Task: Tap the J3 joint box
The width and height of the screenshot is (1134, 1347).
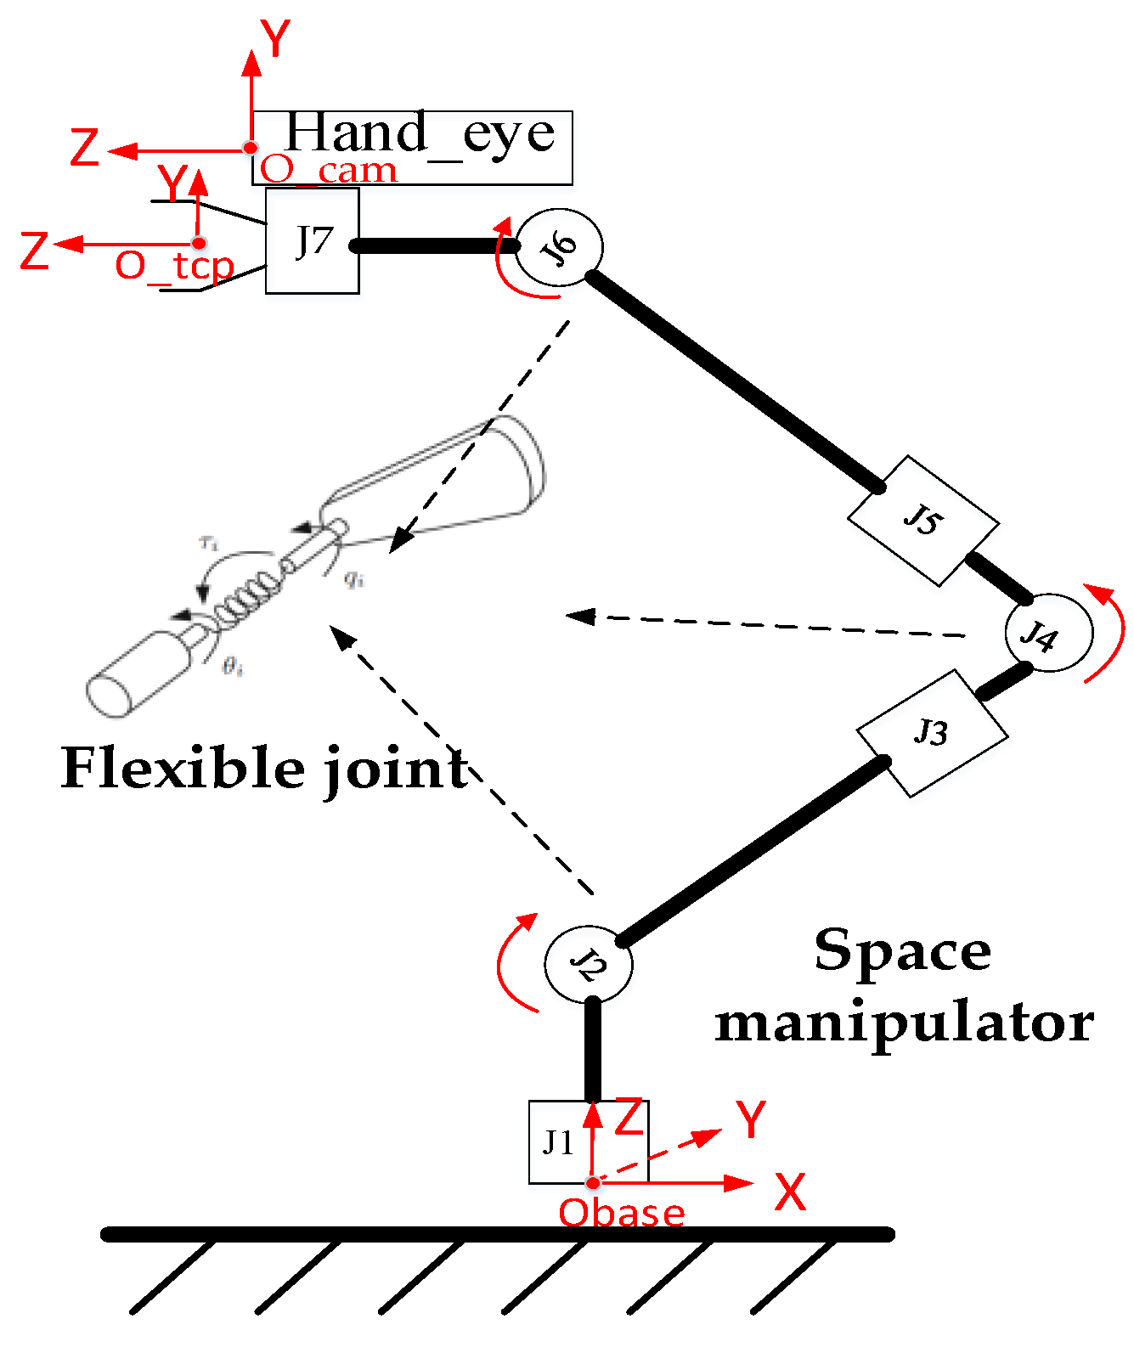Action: pyautogui.click(x=932, y=732)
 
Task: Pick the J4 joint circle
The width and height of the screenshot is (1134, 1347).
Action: pyautogui.click(x=1047, y=634)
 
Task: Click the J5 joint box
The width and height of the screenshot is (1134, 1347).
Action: pyautogui.click(x=923, y=520)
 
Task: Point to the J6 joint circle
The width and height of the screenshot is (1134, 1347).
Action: pyautogui.click(x=560, y=246)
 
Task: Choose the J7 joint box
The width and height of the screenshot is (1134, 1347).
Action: pyautogui.click(x=313, y=241)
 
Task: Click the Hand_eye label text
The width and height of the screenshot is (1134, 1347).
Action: pyautogui.click(x=420, y=133)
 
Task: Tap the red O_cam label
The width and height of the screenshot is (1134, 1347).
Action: pyautogui.click(x=328, y=171)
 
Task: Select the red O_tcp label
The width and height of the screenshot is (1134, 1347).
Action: pyautogui.click(x=174, y=267)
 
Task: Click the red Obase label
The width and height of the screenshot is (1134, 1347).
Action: pyautogui.click(x=621, y=1213)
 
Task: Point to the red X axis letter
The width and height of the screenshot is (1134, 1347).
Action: pyautogui.click(x=790, y=1192)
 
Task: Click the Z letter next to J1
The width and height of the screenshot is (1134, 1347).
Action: pyautogui.click(x=629, y=1117)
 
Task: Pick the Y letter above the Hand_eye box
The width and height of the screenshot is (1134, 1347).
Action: pyautogui.click(x=275, y=39)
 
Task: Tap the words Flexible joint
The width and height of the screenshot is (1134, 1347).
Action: pyautogui.click(x=264, y=769)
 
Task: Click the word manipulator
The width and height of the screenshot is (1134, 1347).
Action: pyautogui.click(x=904, y=1023)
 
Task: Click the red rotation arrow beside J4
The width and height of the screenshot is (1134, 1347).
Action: pyautogui.click(x=1109, y=633)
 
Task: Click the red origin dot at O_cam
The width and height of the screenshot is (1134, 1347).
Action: pyautogui.click(x=251, y=148)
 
